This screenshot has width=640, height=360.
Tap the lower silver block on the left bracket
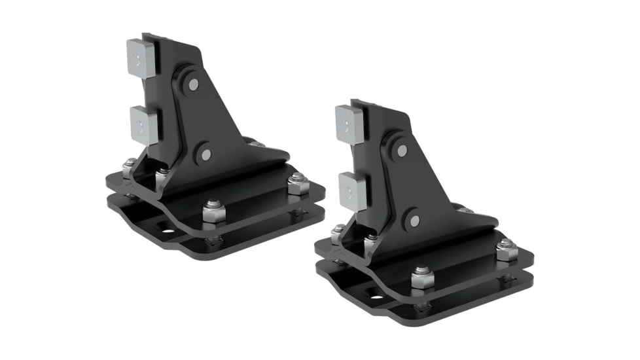tap(143, 124)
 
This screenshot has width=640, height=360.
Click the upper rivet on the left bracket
tap(193, 84)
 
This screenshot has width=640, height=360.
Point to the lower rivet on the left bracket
tap(206, 154)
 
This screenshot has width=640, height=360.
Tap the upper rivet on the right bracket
tap(401, 150)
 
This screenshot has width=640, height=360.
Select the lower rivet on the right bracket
tap(414, 221)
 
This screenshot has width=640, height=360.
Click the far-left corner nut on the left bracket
tap(129, 168)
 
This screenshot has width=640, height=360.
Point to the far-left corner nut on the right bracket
tap(338, 234)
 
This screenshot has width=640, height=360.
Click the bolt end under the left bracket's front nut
tap(213, 242)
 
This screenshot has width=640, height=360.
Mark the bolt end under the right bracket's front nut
tap(422, 306)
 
